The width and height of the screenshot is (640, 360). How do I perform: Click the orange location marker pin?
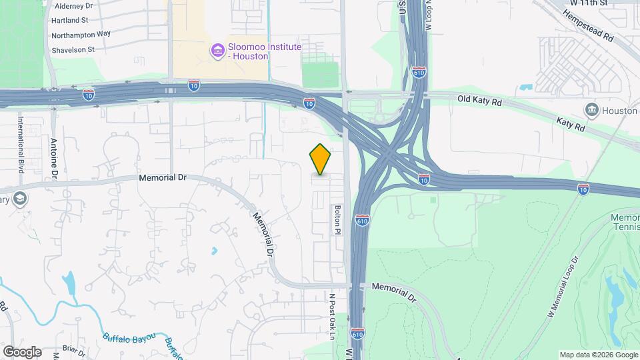click(x=321, y=159)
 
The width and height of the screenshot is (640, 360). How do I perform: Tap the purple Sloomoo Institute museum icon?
click(x=217, y=50)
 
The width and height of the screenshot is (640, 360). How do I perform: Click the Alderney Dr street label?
click(x=71, y=5)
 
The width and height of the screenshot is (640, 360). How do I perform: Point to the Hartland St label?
click(x=70, y=21)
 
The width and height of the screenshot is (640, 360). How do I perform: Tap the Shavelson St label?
click(x=73, y=49)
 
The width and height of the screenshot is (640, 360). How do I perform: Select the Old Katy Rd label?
click(x=479, y=100)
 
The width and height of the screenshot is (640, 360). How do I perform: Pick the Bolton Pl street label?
click(x=337, y=219)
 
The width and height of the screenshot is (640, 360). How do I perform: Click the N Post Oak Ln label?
click(x=331, y=316)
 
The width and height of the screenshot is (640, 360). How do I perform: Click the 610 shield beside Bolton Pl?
click(x=362, y=220)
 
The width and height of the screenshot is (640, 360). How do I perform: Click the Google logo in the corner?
click(x=22, y=351)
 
